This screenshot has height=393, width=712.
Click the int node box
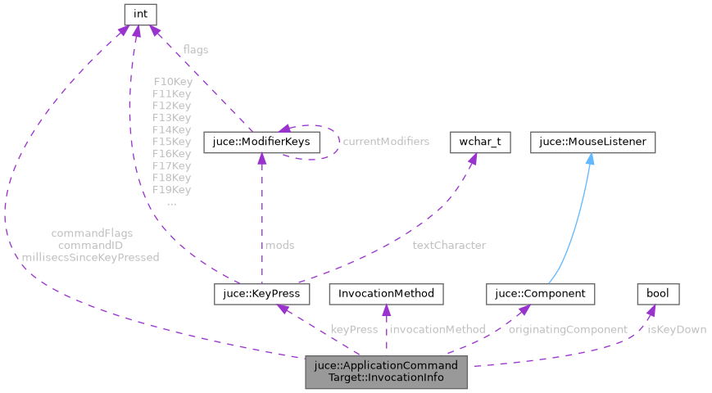point(140,14)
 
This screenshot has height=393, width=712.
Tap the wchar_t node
point(480,142)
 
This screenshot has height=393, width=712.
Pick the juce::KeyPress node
point(261,293)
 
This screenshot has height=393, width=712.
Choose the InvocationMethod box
point(386,293)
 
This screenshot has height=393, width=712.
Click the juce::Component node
point(540,293)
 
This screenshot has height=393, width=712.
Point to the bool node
point(658,293)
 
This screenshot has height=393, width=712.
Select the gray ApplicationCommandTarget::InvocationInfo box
point(387,372)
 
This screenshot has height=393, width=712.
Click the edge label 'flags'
point(195,50)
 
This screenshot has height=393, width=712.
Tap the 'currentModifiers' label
point(386,142)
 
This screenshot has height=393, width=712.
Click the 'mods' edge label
point(279,245)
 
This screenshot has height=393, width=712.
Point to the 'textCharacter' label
point(449,245)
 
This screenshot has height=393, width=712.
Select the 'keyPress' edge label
point(354,329)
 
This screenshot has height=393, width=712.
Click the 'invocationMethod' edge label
point(437,329)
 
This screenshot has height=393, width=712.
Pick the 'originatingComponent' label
point(568,329)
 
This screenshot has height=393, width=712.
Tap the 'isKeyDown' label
point(677,329)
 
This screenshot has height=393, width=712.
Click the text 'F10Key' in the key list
point(172,82)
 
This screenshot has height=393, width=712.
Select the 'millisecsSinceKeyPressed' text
point(92,257)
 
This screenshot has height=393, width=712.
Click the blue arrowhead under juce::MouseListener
point(589,158)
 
